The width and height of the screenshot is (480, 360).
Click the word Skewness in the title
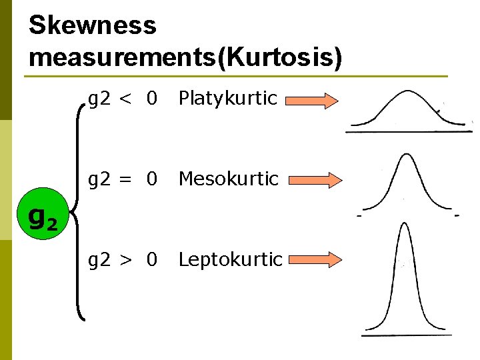(x=93, y=25)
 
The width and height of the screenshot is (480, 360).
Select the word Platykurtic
(x=227, y=99)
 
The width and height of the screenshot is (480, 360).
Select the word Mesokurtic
(x=228, y=179)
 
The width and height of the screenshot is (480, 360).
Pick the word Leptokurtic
(x=230, y=259)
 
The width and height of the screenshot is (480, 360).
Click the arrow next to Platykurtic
(x=313, y=101)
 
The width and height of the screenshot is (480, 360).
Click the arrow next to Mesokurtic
(x=313, y=180)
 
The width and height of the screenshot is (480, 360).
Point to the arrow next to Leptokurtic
(x=313, y=260)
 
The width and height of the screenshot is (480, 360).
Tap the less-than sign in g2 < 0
(x=125, y=99)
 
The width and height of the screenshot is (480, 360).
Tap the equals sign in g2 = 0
(x=125, y=179)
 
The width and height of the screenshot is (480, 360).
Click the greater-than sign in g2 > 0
(x=125, y=259)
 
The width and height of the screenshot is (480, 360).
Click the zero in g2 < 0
(x=153, y=99)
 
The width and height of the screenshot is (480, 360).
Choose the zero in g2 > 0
(x=153, y=259)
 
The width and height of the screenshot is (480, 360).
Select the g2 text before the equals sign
(x=100, y=179)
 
